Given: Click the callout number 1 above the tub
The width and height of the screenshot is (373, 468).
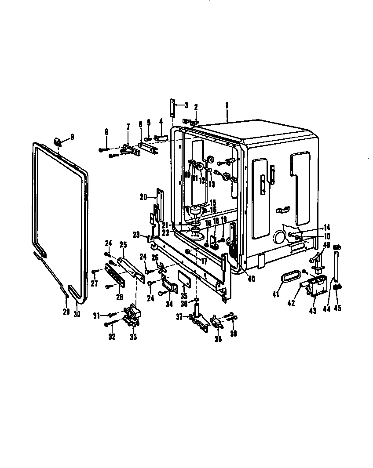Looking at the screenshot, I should (227, 106).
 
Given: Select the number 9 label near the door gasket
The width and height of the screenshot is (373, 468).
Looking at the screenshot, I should (72, 136).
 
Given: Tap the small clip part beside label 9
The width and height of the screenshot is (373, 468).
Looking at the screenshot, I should (58, 141).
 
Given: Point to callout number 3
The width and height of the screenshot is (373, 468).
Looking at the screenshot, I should (186, 105).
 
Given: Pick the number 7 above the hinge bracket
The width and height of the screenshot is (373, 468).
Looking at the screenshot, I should (128, 127).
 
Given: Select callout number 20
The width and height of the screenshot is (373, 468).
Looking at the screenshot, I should (143, 197).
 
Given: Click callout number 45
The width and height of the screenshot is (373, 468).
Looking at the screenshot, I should (337, 308).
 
